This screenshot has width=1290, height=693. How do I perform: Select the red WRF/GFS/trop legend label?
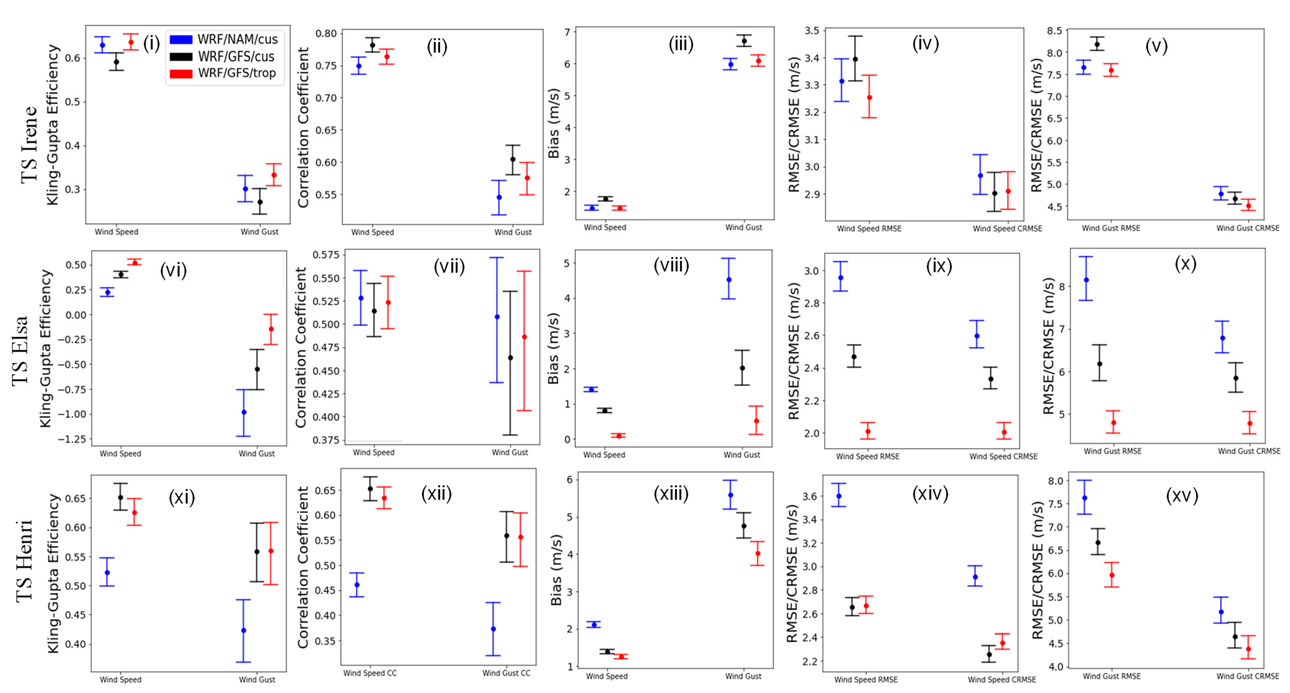tap(237, 73)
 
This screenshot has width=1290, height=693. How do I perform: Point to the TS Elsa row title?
tap(20, 350)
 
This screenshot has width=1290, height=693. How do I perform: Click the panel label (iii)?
tap(681, 45)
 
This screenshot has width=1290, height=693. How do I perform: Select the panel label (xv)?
tap(1182, 495)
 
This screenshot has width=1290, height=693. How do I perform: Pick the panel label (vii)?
tap(449, 266)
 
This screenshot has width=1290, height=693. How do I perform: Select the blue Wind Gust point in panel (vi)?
tap(244, 412)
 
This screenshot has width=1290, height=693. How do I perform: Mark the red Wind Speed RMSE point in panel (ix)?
tap(868, 431)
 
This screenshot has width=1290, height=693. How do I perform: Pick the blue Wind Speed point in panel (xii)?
tap(357, 584)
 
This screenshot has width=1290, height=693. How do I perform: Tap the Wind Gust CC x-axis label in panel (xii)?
tap(506, 673)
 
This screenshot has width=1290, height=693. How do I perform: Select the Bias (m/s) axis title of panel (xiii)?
tap(556, 570)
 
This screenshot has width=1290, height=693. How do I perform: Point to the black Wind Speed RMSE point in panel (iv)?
tap(855, 59)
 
